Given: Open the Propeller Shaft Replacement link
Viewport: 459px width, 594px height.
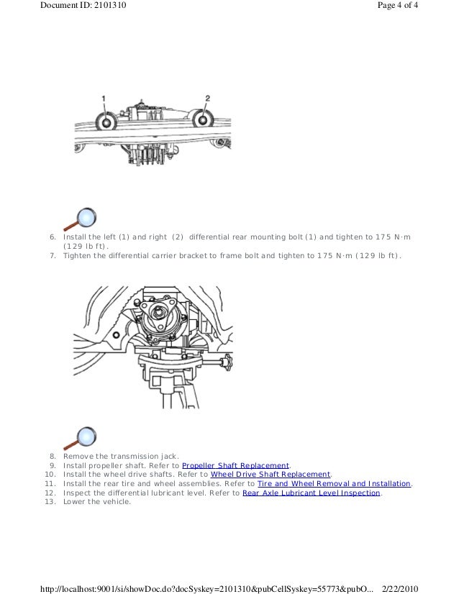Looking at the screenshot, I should coord(235,465).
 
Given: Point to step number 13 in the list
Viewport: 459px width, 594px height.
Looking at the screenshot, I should coord(50,502).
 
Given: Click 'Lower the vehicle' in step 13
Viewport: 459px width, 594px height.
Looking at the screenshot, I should coord(97,502).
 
